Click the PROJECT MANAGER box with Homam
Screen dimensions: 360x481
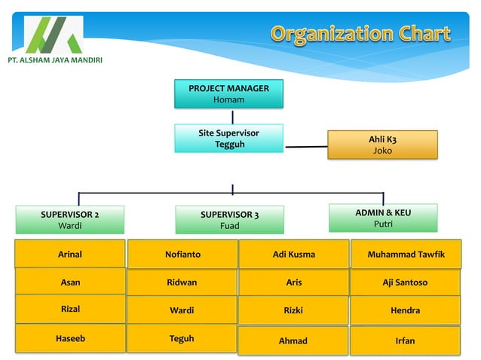(228, 94)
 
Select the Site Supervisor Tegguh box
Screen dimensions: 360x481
(229, 139)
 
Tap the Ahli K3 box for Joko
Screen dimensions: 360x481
(382, 145)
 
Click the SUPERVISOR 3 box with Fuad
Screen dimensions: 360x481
(229, 219)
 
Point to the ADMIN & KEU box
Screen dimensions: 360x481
(382, 218)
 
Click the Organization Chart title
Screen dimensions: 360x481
(360, 34)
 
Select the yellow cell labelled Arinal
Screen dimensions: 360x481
(70, 255)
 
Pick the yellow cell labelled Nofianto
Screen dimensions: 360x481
(182, 255)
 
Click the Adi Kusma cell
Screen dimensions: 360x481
(293, 255)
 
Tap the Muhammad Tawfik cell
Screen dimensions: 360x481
(406, 255)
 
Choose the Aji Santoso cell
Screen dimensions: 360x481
(405, 282)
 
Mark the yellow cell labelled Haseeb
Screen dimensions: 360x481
(70, 339)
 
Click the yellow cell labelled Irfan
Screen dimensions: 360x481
(405, 340)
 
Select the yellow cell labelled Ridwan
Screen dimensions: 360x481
(182, 282)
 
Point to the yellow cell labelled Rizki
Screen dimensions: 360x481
(293, 310)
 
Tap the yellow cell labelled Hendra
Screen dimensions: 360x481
(405, 310)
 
